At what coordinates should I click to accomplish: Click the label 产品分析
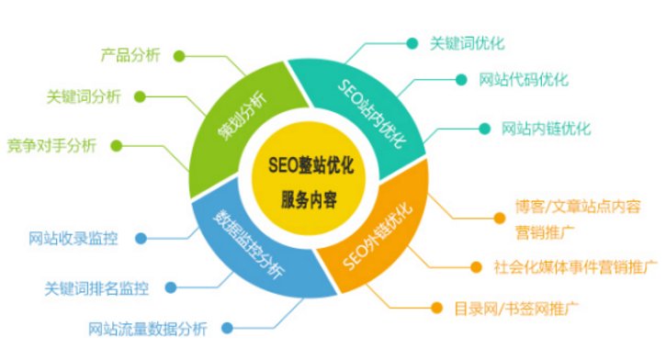pyautogui.click(x=130, y=54)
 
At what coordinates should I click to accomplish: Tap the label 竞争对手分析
pyautogui.click(x=51, y=144)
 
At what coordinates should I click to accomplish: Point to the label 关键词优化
pyautogui.click(x=468, y=42)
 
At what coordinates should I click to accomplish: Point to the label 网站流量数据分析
pyautogui.click(x=148, y=327)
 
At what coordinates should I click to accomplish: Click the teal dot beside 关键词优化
pyautogui.click(x=411, y=42)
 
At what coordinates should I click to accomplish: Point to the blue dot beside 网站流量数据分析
pyautogui.click(x=225, y=327)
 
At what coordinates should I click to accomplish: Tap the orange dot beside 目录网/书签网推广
pyautogui.click(x=435, y=307)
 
